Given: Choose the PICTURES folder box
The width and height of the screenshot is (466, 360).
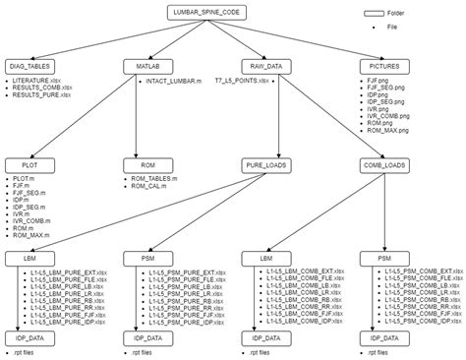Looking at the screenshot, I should tap(378, 66).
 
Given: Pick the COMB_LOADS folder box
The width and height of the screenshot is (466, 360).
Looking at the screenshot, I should tap(378, 166).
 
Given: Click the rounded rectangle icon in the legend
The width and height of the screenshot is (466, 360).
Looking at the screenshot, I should tap(373, 14).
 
